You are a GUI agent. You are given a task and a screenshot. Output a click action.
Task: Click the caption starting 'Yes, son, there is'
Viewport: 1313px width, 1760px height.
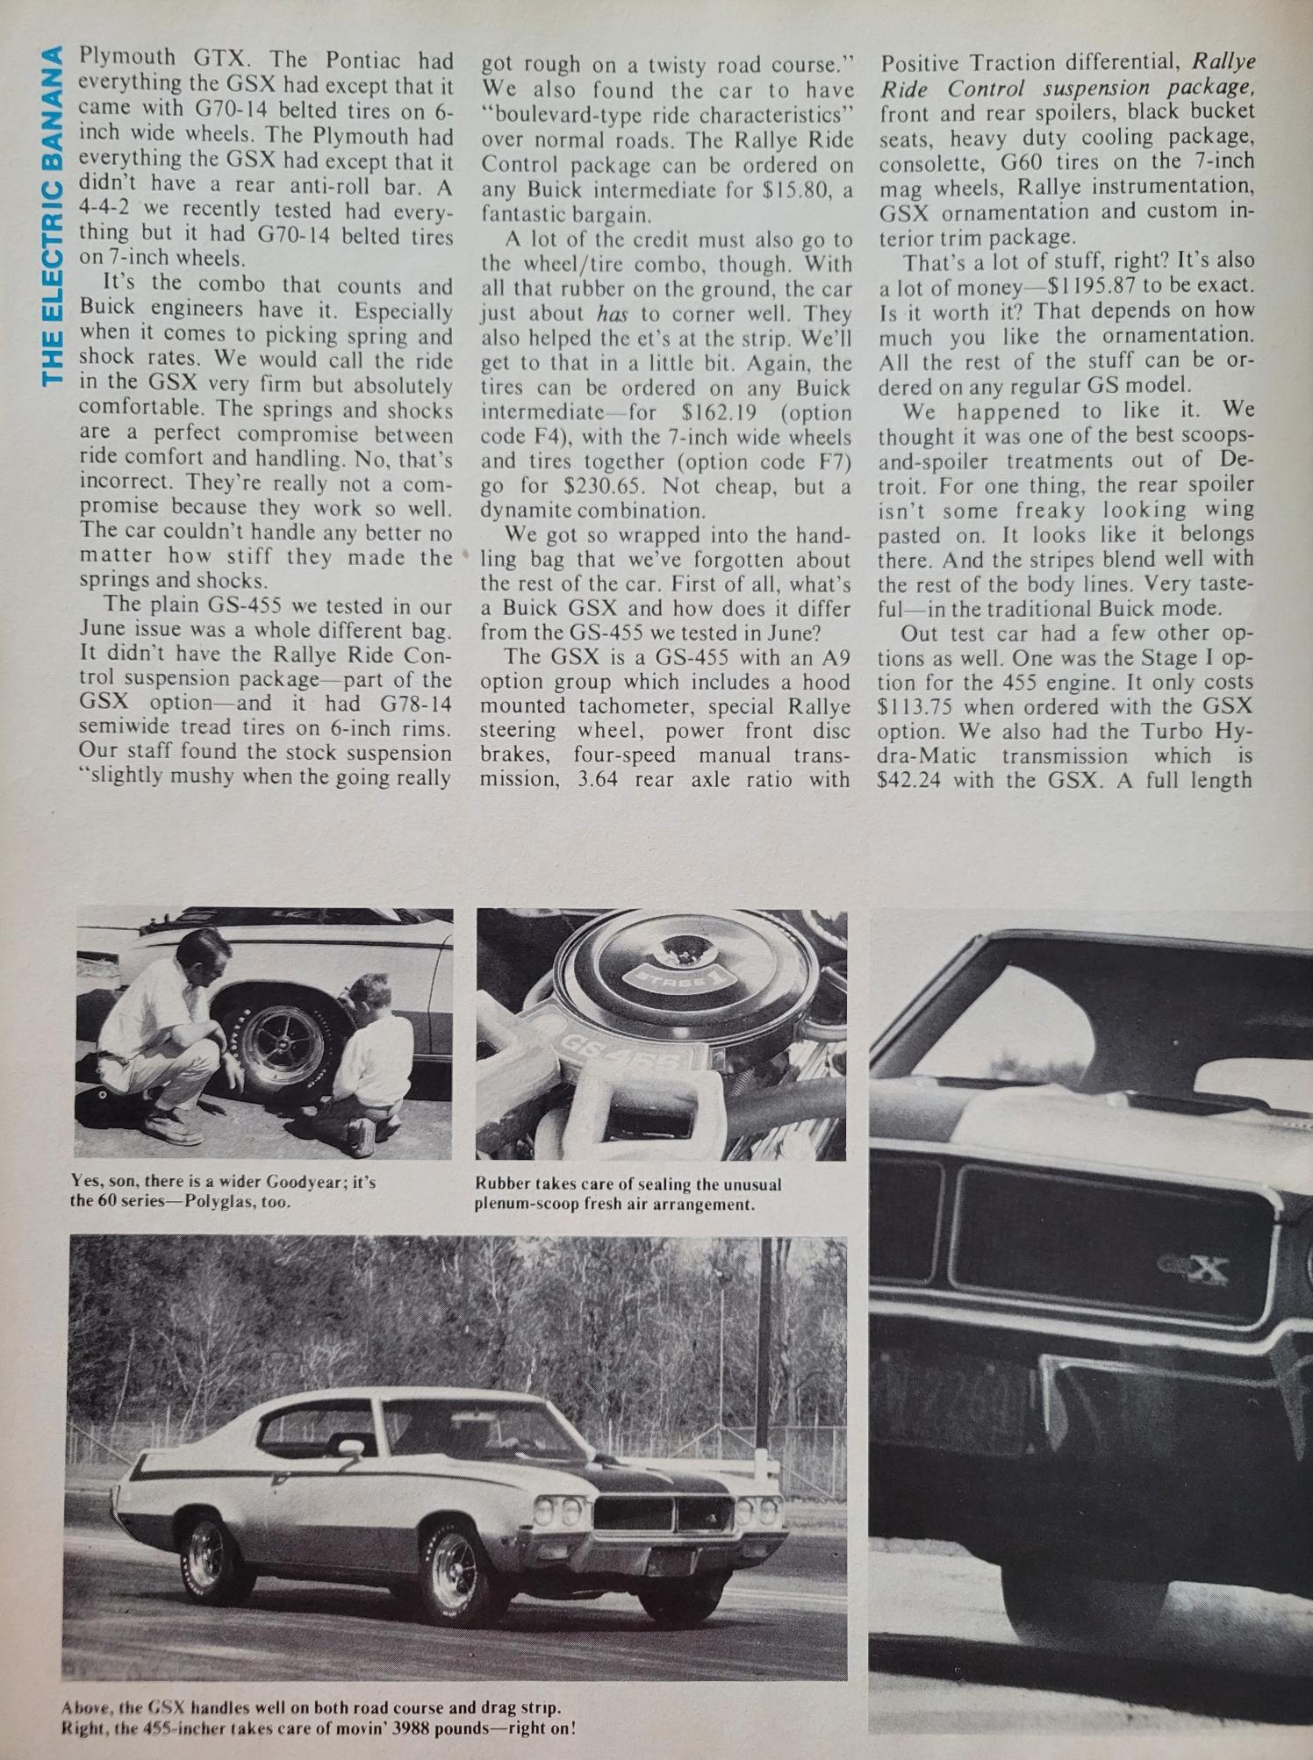click(223, 1191)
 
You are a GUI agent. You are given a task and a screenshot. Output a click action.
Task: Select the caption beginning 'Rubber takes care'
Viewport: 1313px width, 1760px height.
click(628, 1193)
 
